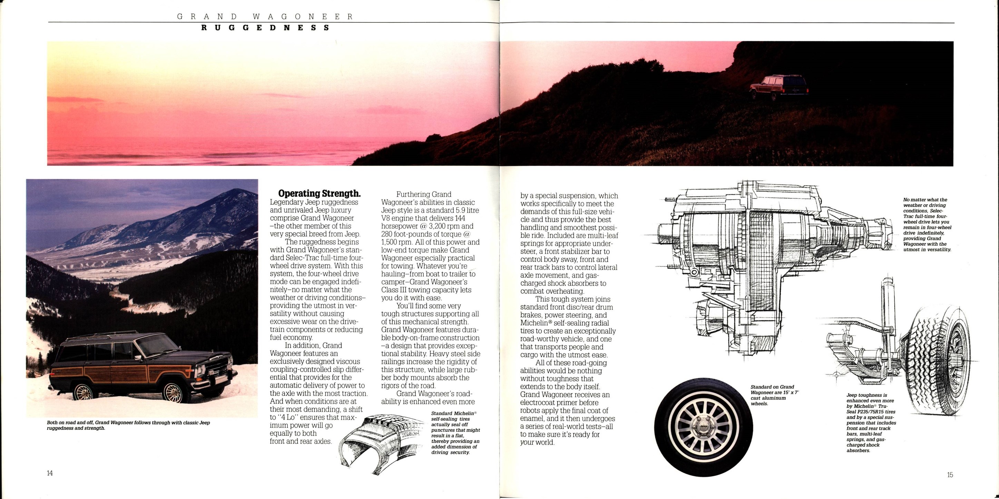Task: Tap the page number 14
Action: point(50,473)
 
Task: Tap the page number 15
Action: point(950,475)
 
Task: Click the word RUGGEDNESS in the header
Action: point(265,28)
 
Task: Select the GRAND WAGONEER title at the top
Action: point(265,17)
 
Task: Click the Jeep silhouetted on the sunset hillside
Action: point(779,88)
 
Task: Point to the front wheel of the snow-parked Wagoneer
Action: point(173,392)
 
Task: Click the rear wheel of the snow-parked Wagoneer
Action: point(84,392)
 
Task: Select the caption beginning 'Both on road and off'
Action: point(128,426)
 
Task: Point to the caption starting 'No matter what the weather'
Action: point(927,225)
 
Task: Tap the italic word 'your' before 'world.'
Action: point(527,442)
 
